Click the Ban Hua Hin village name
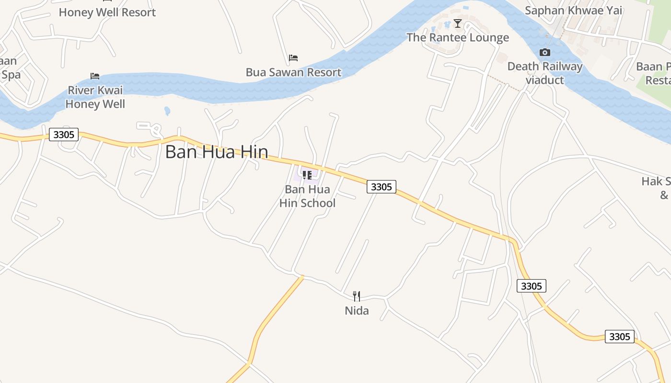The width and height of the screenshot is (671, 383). point(217,152)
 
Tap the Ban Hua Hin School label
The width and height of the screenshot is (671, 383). point(307,196)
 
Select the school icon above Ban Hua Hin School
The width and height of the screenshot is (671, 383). point(307,175)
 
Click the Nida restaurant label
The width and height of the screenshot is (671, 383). point(357,311)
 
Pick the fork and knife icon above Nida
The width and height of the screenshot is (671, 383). point(357,296)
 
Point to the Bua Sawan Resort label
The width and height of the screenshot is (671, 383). point(293,72)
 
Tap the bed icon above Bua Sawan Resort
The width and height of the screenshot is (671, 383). point(293,58)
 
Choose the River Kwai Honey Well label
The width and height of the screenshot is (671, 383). point(95,97)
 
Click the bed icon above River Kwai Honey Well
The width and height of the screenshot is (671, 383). point(95,76)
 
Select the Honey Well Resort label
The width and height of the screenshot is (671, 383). point(107,12)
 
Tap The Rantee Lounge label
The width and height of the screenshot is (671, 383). point(458,37)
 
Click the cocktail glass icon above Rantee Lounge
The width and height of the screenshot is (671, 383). point(458,23)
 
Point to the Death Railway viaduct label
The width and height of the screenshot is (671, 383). point(545,73)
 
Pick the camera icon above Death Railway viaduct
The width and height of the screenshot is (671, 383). point(545,52)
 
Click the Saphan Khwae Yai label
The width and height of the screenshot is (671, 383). point(573,10)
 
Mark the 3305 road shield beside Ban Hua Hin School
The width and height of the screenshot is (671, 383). point(382,187)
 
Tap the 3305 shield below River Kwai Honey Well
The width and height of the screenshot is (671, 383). point(64,135)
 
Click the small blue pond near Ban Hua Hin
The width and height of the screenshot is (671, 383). point(167,111)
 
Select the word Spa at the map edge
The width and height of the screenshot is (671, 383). point(11,75)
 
